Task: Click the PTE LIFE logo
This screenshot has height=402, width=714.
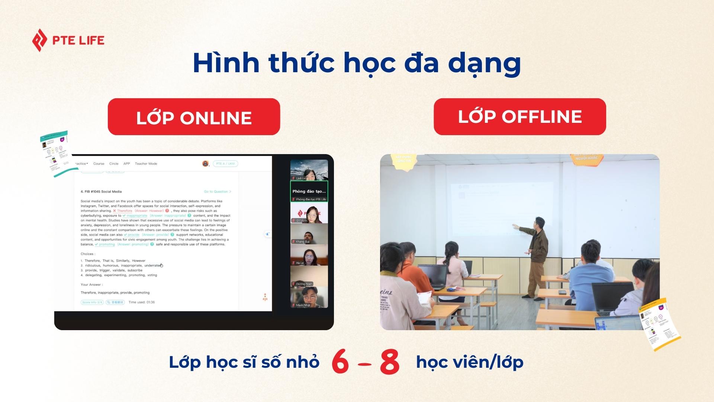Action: (x=68, y=40)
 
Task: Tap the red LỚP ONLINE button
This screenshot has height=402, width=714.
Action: (x=194, y=117)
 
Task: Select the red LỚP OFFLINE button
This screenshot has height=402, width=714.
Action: (x=520, y=117)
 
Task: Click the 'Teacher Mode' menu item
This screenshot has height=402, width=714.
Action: (x=146, y=164)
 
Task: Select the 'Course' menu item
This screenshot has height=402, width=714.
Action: (x=99, y=164)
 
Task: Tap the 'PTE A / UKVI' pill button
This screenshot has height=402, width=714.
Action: (x=225, y=164)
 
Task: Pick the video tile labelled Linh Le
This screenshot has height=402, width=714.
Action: (x=309, y=170)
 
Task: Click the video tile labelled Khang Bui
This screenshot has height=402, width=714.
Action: (x=309, y=234)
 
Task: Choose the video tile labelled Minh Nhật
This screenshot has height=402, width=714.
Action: (x=309, y=297)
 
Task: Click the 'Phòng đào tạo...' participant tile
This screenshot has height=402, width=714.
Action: (x=309, y=191)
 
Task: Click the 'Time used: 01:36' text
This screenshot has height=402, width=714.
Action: (x=141, y=302)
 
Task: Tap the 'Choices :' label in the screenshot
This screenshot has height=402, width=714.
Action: (x=88, y=254)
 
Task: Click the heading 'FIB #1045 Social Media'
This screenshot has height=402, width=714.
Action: (x=101, y=192)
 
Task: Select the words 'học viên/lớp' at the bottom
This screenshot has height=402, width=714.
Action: (x=469, y=362)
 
